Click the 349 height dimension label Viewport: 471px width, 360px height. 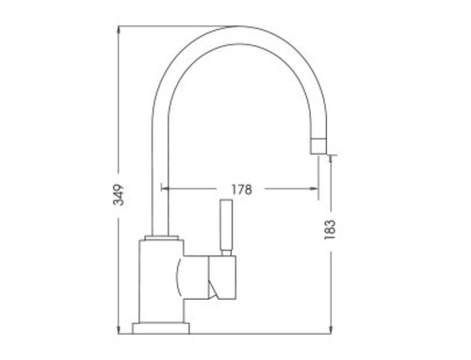(119, 195)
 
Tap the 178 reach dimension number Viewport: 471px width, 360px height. (241, 189)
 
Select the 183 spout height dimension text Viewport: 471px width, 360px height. (330, 230)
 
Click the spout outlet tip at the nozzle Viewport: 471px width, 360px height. (319, 154)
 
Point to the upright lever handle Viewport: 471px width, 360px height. (227, 224)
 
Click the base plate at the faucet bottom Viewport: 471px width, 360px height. (161, 328)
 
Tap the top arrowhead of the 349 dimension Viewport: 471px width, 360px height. (119, 30)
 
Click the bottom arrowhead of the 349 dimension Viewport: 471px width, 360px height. (119, 330)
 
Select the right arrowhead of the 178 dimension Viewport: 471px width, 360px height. (315, 188)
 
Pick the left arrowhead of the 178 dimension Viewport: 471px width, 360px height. (165, 188)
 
